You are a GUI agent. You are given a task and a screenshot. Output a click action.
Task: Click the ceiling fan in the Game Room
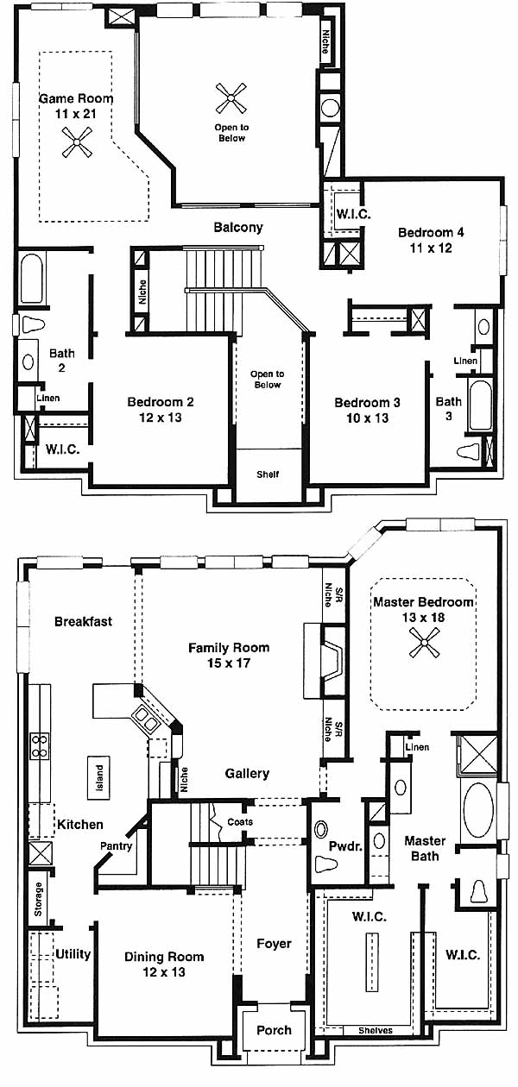[x=77, y=142]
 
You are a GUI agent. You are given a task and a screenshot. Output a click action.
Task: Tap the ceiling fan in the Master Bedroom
[x=424, y=642]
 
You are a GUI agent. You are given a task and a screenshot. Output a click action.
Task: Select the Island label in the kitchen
[x=99, y=777]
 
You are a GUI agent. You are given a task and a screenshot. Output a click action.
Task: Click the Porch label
[x=274, y=1030]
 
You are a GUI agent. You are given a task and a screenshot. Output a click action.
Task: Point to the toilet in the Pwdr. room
[x=326, y=864]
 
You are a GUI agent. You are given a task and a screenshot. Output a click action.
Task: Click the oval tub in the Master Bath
[x=478, y=811]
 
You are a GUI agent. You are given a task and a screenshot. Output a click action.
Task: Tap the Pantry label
[x=116, y=845]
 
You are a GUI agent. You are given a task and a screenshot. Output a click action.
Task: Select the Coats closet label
[x=240, y=821]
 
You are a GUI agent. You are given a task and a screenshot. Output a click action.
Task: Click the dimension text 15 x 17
[x=229, y=663]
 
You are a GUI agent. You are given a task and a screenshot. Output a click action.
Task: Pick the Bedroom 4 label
[x=431, y=232]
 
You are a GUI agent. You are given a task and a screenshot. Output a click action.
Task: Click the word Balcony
[x=238, y=227]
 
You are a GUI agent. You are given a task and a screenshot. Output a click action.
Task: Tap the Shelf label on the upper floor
[x=268, y=474]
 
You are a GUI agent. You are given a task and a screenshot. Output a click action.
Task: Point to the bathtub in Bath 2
[x=32, y=278]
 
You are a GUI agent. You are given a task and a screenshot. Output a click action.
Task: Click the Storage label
[x=38, y=899]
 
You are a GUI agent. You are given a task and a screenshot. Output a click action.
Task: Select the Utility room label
[x=73, y=953]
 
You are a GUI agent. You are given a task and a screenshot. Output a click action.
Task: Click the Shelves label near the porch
[x=376, y=1030]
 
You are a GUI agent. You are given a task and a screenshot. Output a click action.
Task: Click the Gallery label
[x=247, y=773]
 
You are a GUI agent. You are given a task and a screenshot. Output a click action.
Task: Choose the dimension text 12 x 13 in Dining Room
[x=164, y=972]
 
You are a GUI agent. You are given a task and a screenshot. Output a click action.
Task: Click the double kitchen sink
[x=145, y=719]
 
